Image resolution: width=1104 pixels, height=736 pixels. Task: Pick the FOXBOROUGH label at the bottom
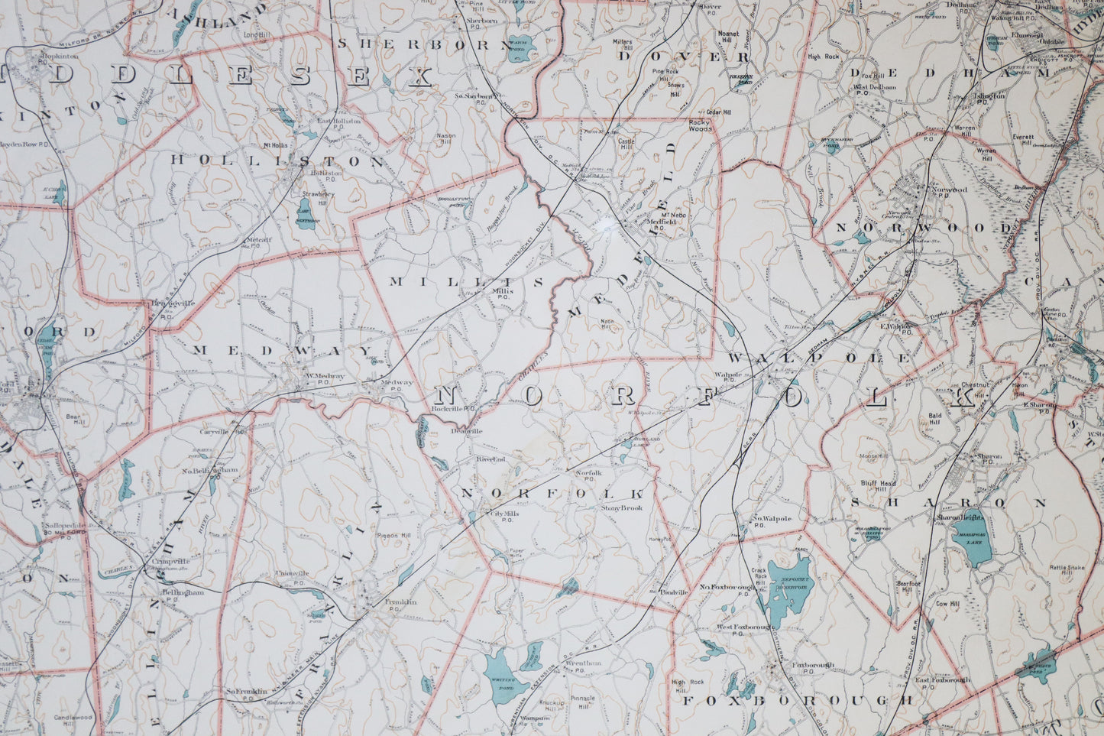click(796, 700)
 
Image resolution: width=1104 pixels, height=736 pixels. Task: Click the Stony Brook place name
click(621, 507)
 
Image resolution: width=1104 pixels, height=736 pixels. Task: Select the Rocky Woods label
click(700, 127)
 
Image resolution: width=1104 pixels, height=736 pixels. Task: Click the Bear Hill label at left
click(73, 420)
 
